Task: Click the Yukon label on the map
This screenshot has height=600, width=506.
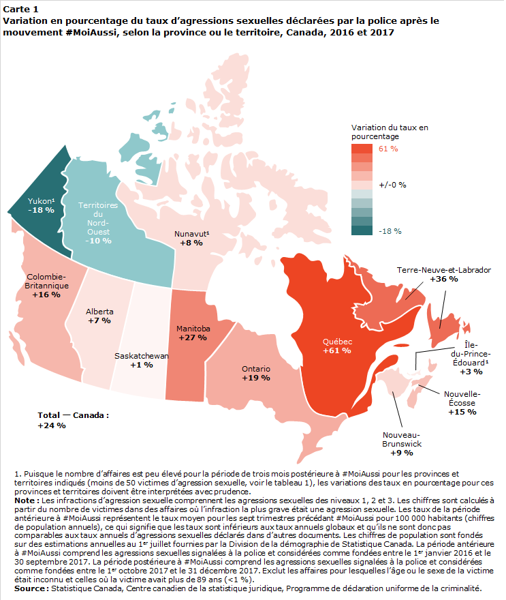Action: [41, 201]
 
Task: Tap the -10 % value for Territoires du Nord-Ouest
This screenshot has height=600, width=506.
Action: [98, 241]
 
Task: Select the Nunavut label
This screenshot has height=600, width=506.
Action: [191, 234]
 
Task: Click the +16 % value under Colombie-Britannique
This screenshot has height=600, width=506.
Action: [46, 295]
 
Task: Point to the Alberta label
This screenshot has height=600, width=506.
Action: [99, 312]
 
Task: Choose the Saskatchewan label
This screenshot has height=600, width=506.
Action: [142, 356]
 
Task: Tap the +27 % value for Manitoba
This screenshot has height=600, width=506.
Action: [193, 337]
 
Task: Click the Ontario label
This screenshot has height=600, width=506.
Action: [255, 369]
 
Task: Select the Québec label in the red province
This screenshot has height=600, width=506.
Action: [337, 342]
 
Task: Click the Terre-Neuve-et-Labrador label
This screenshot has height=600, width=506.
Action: [444, 270]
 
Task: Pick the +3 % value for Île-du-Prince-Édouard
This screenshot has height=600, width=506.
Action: [471, 372]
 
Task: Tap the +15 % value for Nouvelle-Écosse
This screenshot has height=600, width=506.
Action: [462, 412]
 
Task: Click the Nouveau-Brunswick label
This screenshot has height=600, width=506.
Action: [402, 439]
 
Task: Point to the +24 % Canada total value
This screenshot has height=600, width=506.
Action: [52, 425]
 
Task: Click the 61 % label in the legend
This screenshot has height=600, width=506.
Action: [388, 149]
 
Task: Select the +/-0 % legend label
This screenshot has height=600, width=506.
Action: [392, 185]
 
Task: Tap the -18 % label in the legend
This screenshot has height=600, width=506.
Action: [390, 231]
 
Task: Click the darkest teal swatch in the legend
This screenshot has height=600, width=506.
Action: [362, 230]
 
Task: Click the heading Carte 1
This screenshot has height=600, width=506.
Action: [20, 9]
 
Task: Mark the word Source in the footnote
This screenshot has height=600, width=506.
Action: [32, 588]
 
